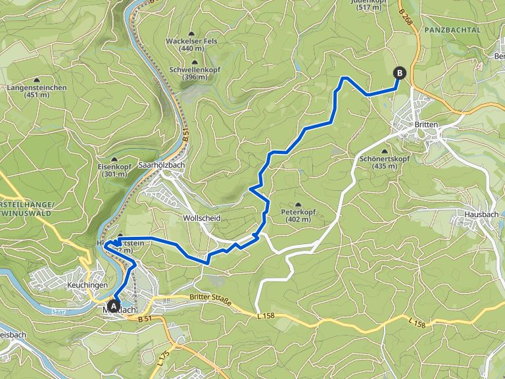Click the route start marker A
click(114, 305)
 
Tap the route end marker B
click(399, 72)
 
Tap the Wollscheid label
click(201, 217)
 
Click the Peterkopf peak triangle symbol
click(298, 205)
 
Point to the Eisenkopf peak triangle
click(114, 159)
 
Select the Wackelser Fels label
click(191, 41)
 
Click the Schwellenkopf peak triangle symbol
click(193, 61)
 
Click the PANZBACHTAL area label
click(453, 30)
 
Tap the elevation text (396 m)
click(192, 77)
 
